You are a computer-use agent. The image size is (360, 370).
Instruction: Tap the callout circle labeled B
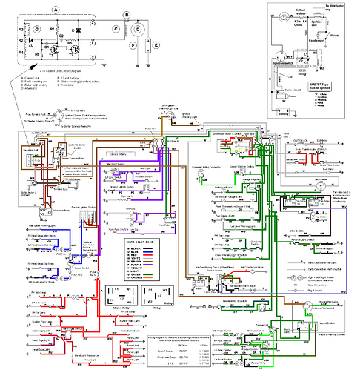pos(127,14)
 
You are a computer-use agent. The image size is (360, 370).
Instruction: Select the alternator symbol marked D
pos(136,33)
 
